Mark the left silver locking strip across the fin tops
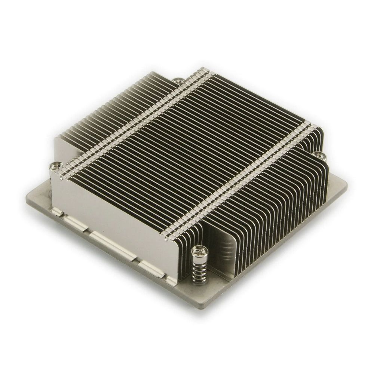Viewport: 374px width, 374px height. pos(135,120)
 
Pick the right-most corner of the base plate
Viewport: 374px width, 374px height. pos(346,184)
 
